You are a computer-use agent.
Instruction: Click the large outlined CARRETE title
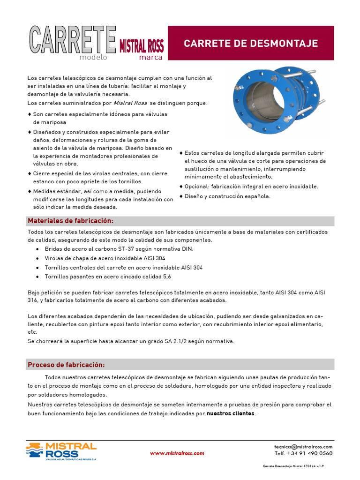click(73, 40)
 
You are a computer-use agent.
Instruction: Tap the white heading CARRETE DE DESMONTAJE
click(251, 44)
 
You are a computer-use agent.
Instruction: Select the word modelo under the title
click(93, 58)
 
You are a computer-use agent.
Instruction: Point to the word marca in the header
click(150, 58)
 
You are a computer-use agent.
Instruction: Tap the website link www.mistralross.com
click(177, 453)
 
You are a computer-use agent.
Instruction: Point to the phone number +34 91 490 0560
click(310, 453)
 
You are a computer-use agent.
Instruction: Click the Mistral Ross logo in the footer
click(61, 451)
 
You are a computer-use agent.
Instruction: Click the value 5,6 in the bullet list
click(166, 277)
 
